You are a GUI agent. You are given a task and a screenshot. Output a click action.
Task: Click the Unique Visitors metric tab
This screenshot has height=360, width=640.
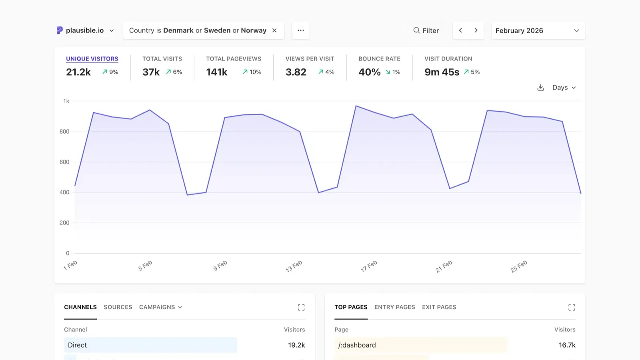(x=92, y=59)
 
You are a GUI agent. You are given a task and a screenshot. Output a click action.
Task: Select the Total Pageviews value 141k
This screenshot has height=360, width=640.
(x=217, y=72)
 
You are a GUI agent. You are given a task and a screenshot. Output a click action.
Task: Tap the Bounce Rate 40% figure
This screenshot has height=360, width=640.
(x=369, y=72)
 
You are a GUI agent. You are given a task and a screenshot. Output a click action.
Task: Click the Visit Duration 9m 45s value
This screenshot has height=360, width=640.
(x=442, y=72)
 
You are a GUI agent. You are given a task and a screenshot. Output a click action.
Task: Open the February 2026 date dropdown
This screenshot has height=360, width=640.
(x=538, y=31)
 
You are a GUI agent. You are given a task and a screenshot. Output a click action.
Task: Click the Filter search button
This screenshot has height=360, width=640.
(x=426, y=31)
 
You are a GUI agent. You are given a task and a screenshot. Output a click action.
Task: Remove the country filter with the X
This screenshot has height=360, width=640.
(x=274, y=30)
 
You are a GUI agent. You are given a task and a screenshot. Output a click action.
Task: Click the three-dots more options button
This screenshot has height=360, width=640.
(x=301, y=30)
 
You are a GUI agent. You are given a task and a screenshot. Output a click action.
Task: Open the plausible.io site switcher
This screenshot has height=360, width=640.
(x=85, y=30)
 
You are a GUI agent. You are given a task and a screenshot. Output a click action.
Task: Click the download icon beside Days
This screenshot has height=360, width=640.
(x=541, y=88)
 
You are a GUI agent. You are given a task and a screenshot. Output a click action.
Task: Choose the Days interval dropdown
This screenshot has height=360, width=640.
(x=564, y=88)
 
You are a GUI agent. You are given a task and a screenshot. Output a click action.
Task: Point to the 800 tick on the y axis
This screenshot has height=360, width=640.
(x=64, y=132)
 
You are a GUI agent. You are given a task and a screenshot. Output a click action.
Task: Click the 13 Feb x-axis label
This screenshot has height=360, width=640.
(x=294, y=266)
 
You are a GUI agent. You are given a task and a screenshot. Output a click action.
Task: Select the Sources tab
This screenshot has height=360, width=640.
(x=118, y=307)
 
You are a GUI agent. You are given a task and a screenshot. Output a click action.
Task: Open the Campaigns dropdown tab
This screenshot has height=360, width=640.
(x=160, y=307)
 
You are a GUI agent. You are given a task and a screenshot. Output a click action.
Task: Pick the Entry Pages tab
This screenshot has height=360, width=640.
(x=394, y=307)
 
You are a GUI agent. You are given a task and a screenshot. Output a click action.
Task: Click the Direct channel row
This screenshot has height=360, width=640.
(x=150, y=345)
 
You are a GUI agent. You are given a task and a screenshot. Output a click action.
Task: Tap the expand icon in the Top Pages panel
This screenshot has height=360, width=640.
(x=572, y=307)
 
